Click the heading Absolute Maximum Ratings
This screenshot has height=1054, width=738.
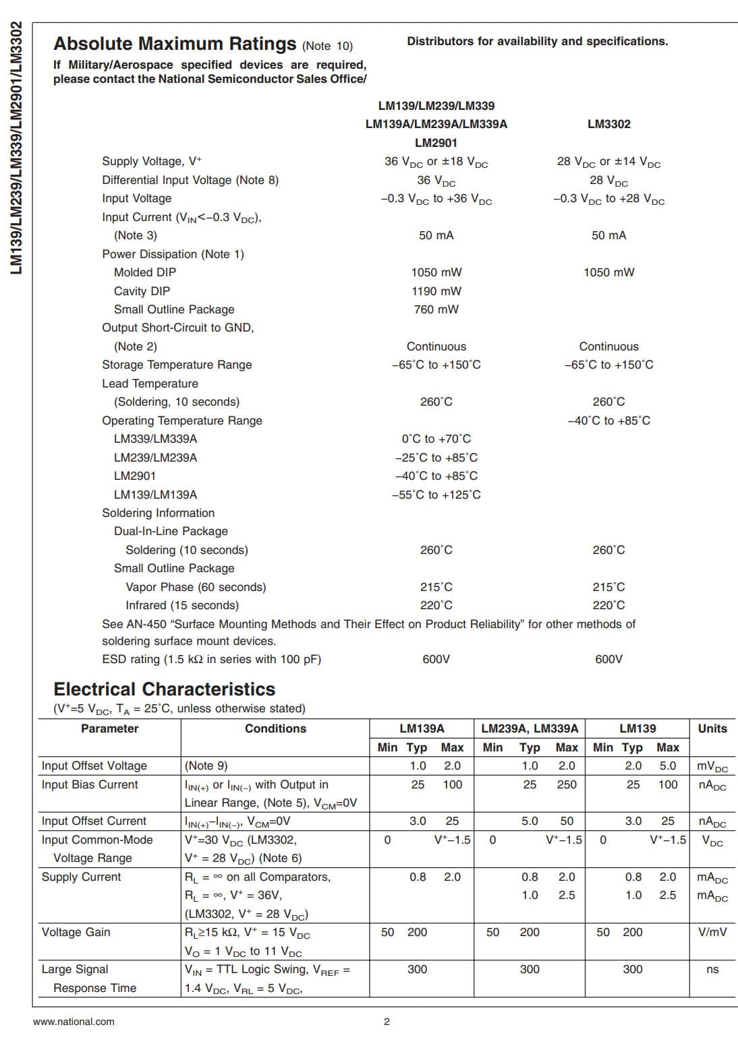coord(175,44)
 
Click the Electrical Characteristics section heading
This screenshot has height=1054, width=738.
coord(164,689)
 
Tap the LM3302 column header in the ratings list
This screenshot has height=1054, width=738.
coord(608,124)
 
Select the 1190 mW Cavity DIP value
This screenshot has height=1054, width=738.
coord(436,291)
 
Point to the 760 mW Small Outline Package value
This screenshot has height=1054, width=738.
coord(436,309)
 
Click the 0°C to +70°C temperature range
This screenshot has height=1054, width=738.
coord(436,439)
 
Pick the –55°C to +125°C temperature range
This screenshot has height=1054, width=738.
coord(436,495)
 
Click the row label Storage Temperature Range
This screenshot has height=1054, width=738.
coord(177,365)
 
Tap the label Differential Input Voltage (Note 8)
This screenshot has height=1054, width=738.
coord(190,180)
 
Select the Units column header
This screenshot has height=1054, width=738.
coord(712,728)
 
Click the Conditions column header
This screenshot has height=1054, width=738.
coord(275,728)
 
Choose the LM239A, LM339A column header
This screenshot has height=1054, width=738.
coord(530,728)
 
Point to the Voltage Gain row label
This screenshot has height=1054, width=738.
coord(76,932)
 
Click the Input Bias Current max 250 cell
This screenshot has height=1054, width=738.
coord(566,784)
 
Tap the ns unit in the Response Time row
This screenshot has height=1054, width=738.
coord(712,969)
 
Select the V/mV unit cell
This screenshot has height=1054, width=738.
coord(712,932)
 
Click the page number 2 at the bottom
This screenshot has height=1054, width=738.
coord(387,1022)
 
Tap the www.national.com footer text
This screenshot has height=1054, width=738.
coord(74,1022)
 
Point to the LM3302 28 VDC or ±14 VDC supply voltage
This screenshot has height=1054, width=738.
coord(608,162)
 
